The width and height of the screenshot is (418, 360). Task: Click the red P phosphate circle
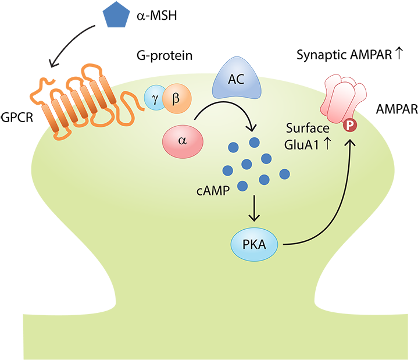click(x=350, y=124)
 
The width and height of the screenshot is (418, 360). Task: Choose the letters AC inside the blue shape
click(x=235, y=80)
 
